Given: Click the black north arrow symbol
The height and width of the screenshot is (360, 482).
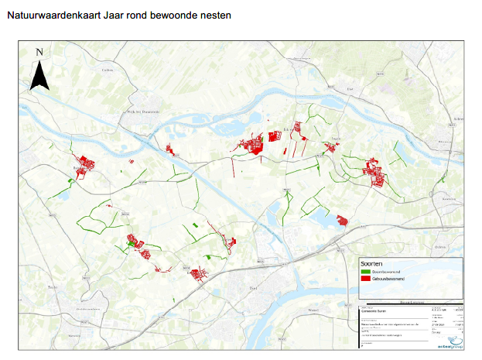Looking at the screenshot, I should click(x=39, y=75).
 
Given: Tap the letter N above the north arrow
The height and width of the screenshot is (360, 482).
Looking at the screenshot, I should click(x=39, y=53).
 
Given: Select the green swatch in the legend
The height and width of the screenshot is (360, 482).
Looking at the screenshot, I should click(x=365, y=273).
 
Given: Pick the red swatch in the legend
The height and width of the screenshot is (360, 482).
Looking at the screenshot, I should click(x=365, y=279).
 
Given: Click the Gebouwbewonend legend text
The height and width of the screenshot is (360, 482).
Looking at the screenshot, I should click(x=388, y=279).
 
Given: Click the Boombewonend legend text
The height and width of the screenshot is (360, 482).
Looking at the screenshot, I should click(x=387, y=273).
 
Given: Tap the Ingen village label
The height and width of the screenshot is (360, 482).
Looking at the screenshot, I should click(x=335, y=139).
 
